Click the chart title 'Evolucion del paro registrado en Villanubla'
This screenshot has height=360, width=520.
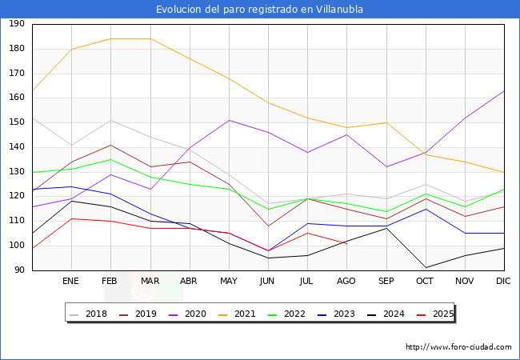[x=260, y=9]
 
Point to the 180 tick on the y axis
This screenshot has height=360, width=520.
[x=16, y=49]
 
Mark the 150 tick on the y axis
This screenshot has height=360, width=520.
[x=16, y=122]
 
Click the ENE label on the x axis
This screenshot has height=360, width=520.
[x=71, y=281]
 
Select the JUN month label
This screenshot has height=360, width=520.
[x=268, y=281]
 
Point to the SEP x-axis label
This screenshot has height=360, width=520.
[x=386, y=281]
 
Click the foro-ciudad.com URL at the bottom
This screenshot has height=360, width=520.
[x=458, y=347]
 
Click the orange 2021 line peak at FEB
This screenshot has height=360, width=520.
[x=110, y=38]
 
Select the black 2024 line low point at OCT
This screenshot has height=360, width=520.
[x=426, y=267]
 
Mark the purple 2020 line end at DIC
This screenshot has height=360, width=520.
[x=504, y=90]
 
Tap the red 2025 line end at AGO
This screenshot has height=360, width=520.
[x=346, y=242]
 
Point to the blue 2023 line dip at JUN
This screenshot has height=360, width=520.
[x=268, y=250]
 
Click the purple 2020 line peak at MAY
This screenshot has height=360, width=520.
[x=229, y=120]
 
